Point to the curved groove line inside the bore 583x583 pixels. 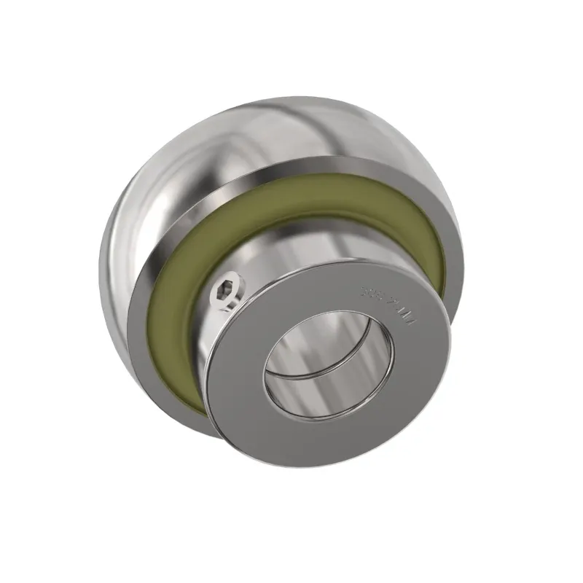coord(313,375)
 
